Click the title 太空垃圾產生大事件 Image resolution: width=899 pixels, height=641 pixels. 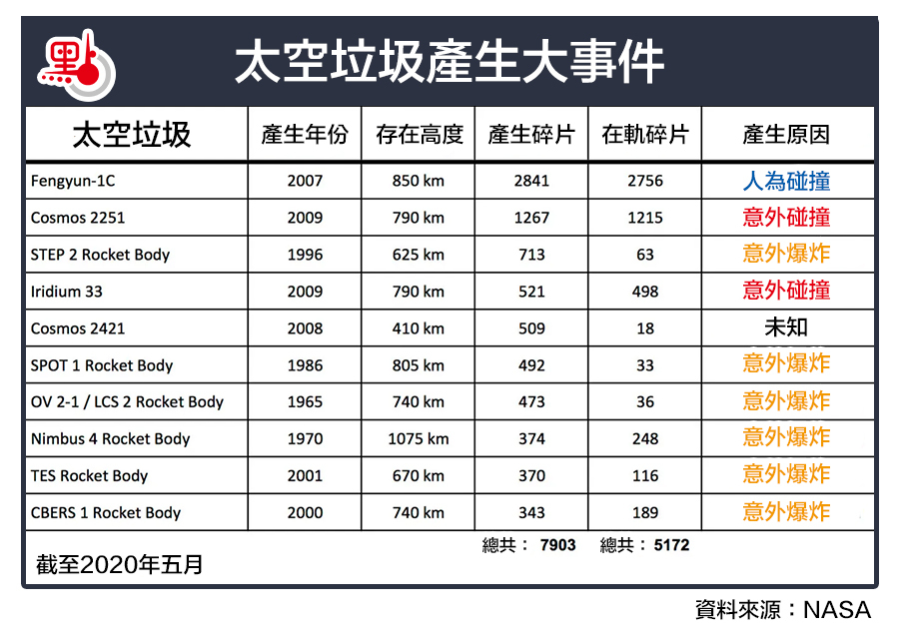(x=449, y=63)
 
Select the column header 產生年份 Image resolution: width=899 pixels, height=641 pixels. (x=305, y=135)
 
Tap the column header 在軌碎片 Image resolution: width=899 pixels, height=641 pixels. (x=645, y=135)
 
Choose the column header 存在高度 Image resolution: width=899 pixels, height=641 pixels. (x=420, y=135)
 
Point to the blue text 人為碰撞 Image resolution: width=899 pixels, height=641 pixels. (x=786, y=181)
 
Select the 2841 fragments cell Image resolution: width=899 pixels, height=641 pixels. (x=531, y=181)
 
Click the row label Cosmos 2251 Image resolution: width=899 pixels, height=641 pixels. (x=78, y=218)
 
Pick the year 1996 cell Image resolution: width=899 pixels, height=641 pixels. (x=305, y=255)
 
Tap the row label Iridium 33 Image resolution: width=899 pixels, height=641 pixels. (x=66, y=292)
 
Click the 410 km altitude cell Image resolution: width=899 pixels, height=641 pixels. (x=419, y=328)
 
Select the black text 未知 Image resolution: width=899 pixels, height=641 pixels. (x=786, y=327)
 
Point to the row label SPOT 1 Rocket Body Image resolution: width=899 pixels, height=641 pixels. (x=102, y=365)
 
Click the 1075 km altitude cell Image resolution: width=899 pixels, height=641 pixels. (x=419, y=439)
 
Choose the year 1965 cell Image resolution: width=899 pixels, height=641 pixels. (x=305, y=402)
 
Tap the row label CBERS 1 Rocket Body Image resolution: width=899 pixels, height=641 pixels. (x=106, y=513)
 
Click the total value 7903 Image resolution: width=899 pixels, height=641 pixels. (x=557, y=545)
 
